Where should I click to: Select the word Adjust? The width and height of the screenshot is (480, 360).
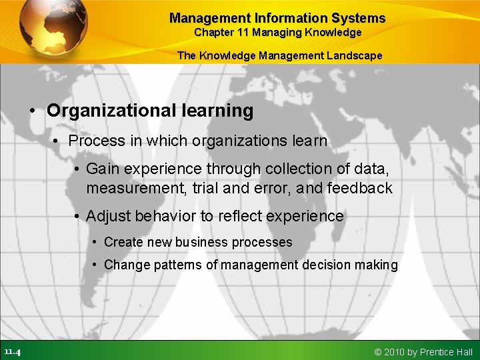(109, 216)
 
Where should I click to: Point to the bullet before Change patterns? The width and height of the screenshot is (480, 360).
(97, 265)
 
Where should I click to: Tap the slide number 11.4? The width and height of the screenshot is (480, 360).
(12, 351)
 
